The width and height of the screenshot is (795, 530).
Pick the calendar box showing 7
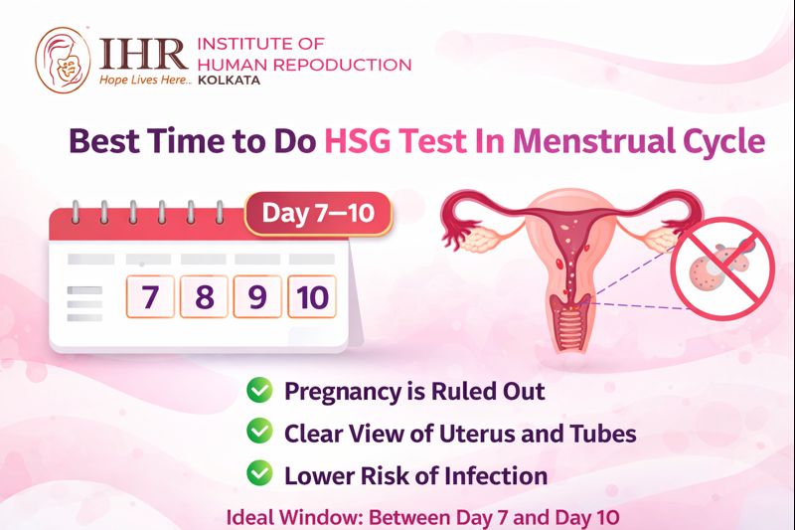[149, 296]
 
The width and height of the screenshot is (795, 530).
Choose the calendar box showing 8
[204, 296]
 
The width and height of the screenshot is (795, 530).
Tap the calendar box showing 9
[257, 296]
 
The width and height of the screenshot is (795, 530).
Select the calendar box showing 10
[312, 296]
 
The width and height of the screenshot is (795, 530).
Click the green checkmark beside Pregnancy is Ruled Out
[259, 390]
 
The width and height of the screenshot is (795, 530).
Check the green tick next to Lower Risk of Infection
[259, 474]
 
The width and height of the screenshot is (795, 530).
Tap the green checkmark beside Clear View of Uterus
[259, 433]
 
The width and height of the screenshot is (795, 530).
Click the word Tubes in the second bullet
[604, 434]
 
